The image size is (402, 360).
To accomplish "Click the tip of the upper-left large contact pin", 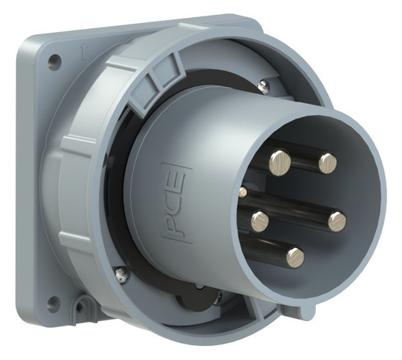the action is click(x=280, y=163).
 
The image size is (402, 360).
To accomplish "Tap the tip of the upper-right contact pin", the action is click(x=328, y=163).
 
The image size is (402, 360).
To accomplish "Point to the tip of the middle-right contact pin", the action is click(x=337, y=222).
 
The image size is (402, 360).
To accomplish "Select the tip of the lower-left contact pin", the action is click(x=260, y=221).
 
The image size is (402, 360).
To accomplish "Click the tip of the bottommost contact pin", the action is click(x=296, y=258).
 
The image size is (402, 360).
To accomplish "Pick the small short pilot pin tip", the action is click(x=243, y=192).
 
